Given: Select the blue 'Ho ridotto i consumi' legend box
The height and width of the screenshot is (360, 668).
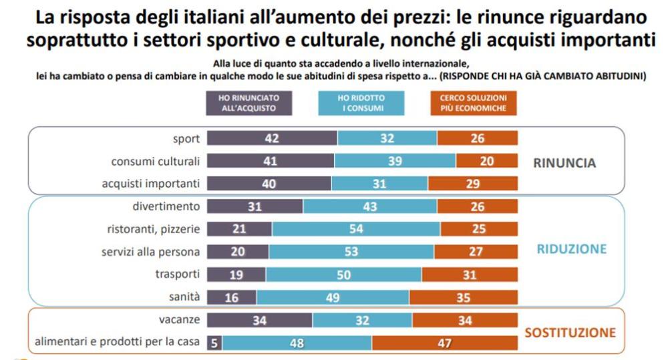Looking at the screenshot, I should tap(361, 102).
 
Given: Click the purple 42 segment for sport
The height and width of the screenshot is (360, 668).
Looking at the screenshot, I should tap(272, 138).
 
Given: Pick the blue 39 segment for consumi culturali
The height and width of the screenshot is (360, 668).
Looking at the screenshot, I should tap(395, 161).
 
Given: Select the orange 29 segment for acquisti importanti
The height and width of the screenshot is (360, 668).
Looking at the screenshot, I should tap(472, 184).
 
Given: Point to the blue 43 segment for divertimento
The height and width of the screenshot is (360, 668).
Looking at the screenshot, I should tap(370, 207).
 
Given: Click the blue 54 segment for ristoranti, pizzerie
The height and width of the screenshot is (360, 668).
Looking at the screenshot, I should tap(356, 230).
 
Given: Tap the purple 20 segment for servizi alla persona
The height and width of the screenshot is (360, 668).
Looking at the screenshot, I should tap(238, 252).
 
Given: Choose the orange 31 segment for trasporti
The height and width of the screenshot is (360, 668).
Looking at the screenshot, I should tap(470, 275).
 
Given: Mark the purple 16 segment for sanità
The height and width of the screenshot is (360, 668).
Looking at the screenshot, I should tap(232, 297).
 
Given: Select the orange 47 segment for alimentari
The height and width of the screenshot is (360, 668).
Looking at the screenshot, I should tap(445, 343).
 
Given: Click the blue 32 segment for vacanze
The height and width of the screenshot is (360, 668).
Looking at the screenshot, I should tap(362, 321).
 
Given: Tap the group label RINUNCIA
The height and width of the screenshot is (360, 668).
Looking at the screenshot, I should tap(564, 163).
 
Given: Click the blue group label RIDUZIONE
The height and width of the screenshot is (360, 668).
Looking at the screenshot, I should tap(572, 249).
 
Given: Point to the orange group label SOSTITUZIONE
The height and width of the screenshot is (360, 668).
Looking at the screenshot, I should tap(570, 332).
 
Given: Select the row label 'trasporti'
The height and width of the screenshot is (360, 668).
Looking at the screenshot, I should tap(178, 275).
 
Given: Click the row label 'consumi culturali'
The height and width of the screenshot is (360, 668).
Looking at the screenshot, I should tap(155, 161).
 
